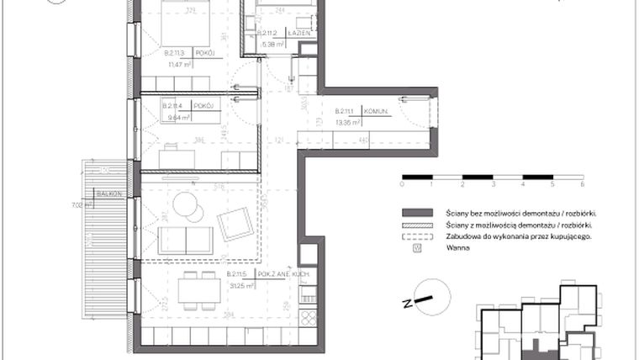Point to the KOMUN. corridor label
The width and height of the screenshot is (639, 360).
[x=376, y=110]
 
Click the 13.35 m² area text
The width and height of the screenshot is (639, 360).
[x=347, y=121]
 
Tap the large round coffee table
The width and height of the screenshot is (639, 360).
[x=184, y=204]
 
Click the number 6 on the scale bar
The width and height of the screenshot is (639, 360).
[x=582, y=183]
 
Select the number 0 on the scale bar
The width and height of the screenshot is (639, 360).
[x=403, y=183]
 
